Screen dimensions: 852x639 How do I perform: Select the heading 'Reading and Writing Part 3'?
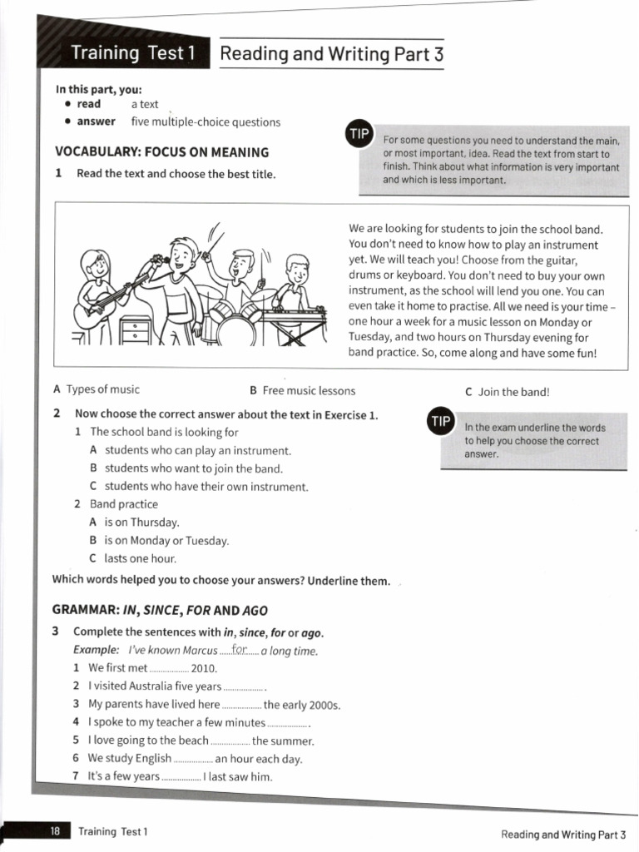click(331, 55)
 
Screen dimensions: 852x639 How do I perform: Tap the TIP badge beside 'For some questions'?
click(359, 135)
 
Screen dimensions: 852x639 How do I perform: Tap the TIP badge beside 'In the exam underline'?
click(439, 421)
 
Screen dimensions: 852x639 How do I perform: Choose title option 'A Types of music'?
click(97, 389)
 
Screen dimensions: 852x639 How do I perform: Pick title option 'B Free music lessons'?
click(302, 390)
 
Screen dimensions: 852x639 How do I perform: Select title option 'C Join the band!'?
click(508, 391)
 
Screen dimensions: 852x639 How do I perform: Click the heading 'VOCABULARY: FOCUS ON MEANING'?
click(161, 152)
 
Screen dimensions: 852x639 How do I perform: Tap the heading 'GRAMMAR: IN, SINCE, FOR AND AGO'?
click(160, 610)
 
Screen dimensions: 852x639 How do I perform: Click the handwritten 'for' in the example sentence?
click(241, 650)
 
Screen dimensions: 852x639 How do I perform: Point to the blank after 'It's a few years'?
click(181, 777)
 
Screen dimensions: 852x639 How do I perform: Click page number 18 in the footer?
click(55, 831)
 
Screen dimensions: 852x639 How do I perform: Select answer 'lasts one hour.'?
click(140, 558)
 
